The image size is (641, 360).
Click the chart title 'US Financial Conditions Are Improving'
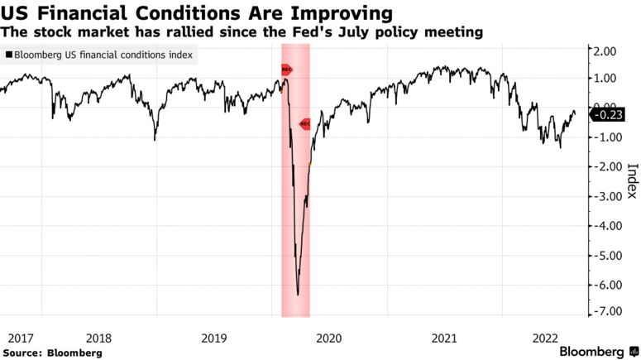pyautogui.click(x=197, y=13)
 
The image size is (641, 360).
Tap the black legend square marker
pyautogui.click(x=8, y=55)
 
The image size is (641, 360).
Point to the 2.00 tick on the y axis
pyautogui.click(x=607, y=51)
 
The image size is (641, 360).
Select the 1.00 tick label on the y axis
pyautogui.click(x=607, y=79)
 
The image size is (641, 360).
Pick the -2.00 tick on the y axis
pyautogui.click(x=605, y=167)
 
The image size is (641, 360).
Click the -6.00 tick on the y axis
pyautogui.click(x=605, y=285)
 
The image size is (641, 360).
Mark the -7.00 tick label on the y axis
pyautogui.click(x=605, y=311)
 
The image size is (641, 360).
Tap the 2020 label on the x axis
pyautogui.click(x=329, y=338)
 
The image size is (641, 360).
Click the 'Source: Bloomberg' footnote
pyautogui.click(x=51, y=353)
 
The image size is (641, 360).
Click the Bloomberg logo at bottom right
pyautogui.click(x=591, y=351)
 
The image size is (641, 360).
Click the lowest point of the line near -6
pyautogui.click(x=298, y=294)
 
